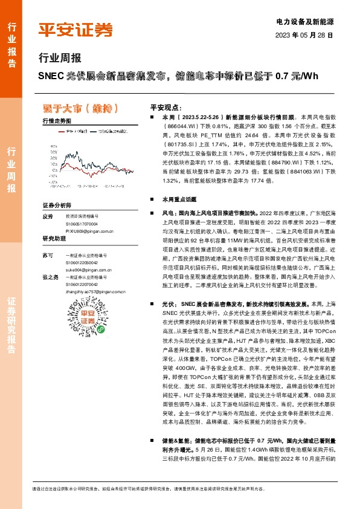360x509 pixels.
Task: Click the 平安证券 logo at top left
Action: [76, 29]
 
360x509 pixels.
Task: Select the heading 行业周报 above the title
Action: [59, 59]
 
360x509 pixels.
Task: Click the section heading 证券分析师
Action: [57, 206]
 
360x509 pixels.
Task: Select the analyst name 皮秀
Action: [48, 216]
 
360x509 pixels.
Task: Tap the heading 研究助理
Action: [54, 239]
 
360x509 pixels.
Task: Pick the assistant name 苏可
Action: [48, 256]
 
